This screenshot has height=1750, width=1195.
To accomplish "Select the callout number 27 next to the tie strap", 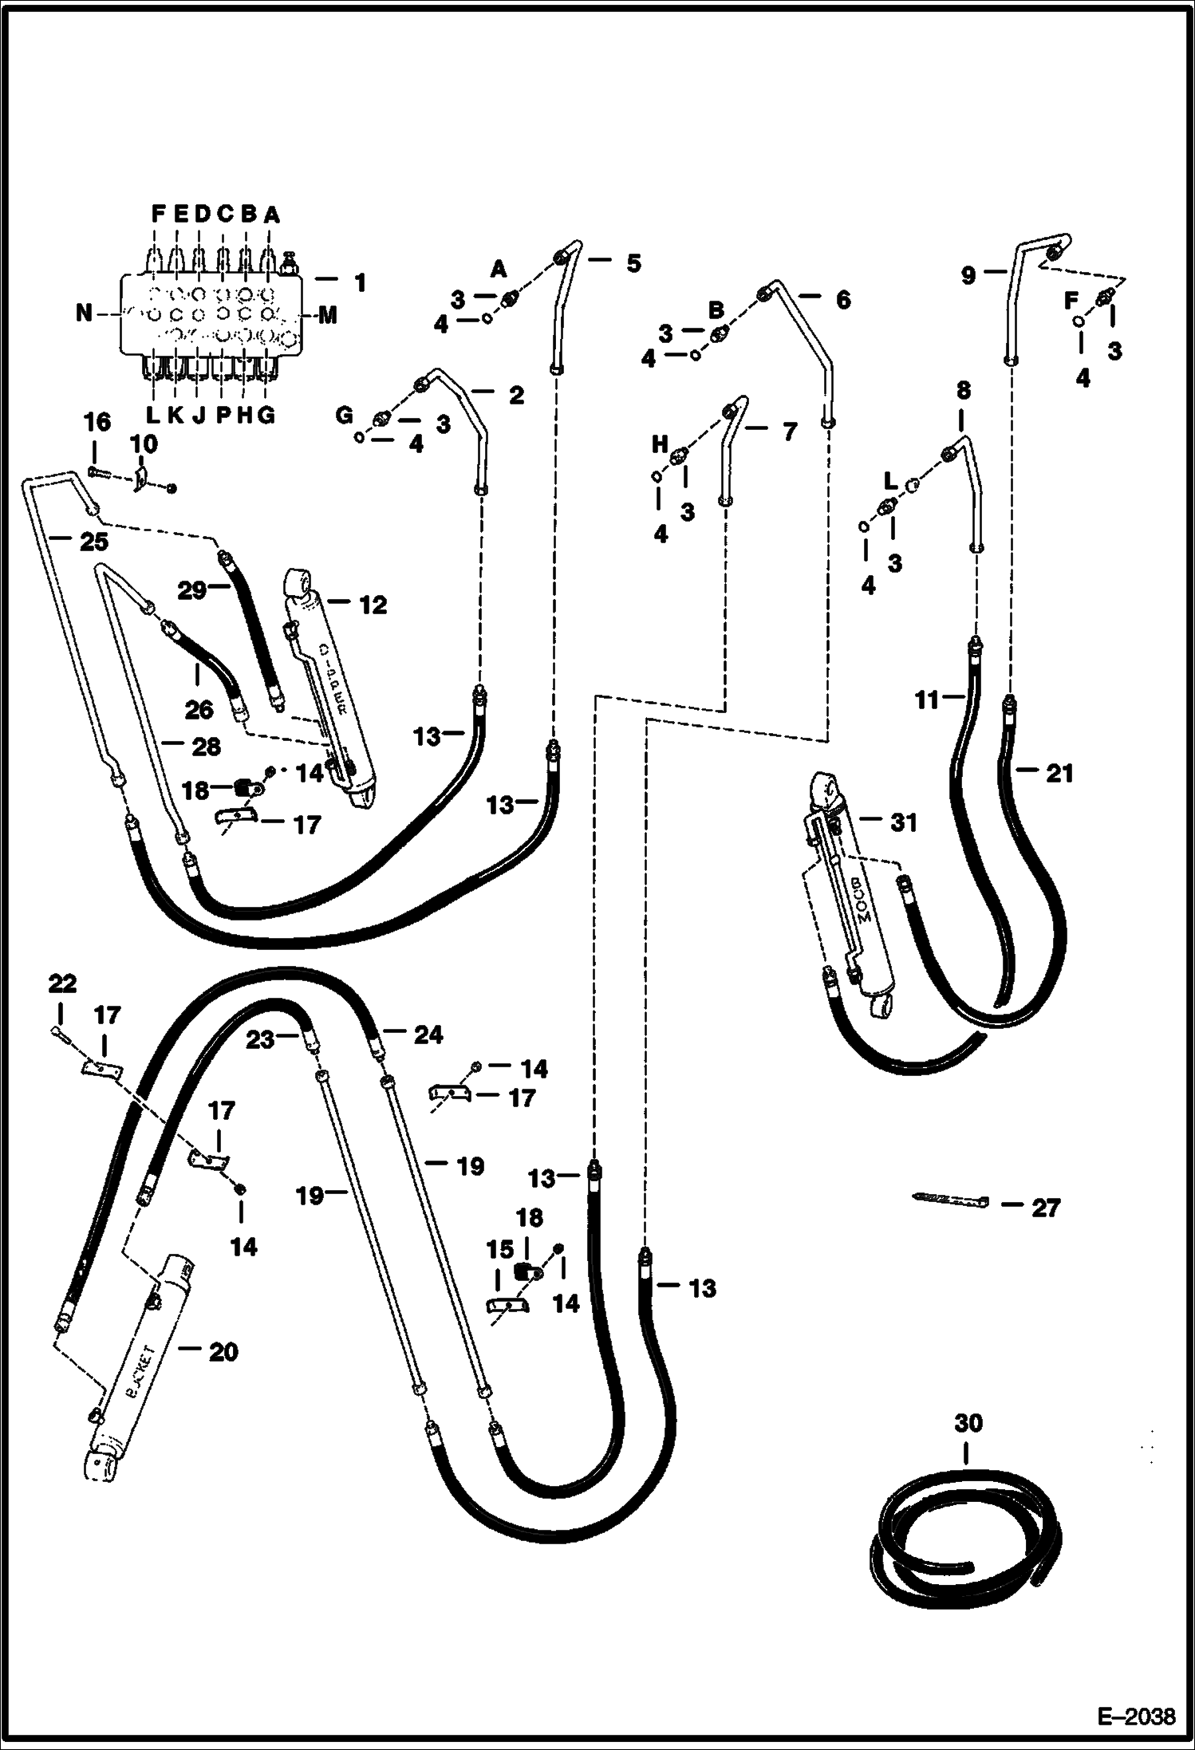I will pos(1045,1208).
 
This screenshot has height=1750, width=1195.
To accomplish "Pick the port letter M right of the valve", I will pos(328,316).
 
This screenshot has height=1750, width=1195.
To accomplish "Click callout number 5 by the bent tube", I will pos(633,263).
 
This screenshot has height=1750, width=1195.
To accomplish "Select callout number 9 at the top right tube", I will pos(968,276).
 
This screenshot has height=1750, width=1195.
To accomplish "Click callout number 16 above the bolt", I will pos(97,423).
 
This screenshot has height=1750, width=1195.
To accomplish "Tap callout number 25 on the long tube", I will pos(94,542).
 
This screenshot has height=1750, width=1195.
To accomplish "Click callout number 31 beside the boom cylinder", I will pos(903,822).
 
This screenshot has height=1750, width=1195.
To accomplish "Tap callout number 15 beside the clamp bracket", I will pos(500,1249).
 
